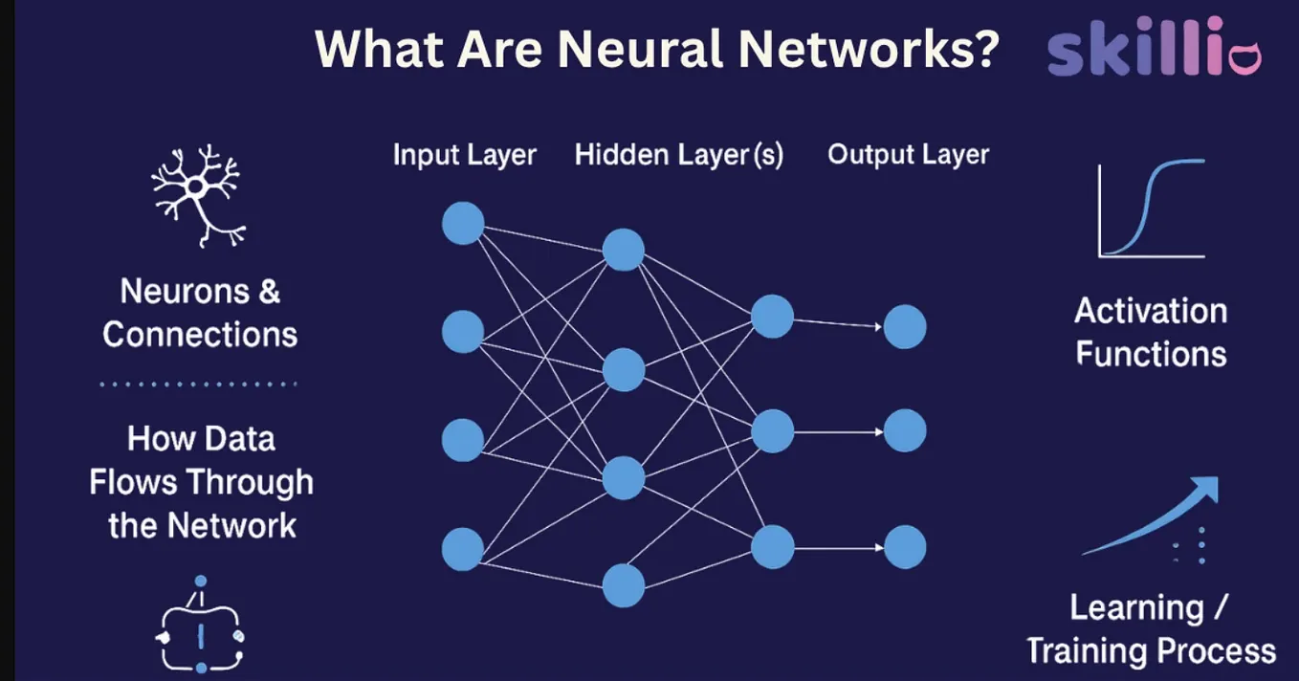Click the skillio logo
pos(1154,47)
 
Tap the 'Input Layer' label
pos(465,155)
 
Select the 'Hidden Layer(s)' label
pos(678,155)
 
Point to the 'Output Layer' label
pos(908,154)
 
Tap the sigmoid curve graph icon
pos(1152,209)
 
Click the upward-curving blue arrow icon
pos(1151,516)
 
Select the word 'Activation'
pos(1151,312)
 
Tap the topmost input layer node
pos(463,223)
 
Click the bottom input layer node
pos(463,549)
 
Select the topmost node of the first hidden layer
pos(624,250)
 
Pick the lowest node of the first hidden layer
pos(624,585)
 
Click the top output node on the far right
pos(905,327)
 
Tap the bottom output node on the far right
pos(905,547)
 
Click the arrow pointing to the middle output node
pos(839,432)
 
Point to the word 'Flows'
pos(133,483)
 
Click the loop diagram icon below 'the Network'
pos(200,625)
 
